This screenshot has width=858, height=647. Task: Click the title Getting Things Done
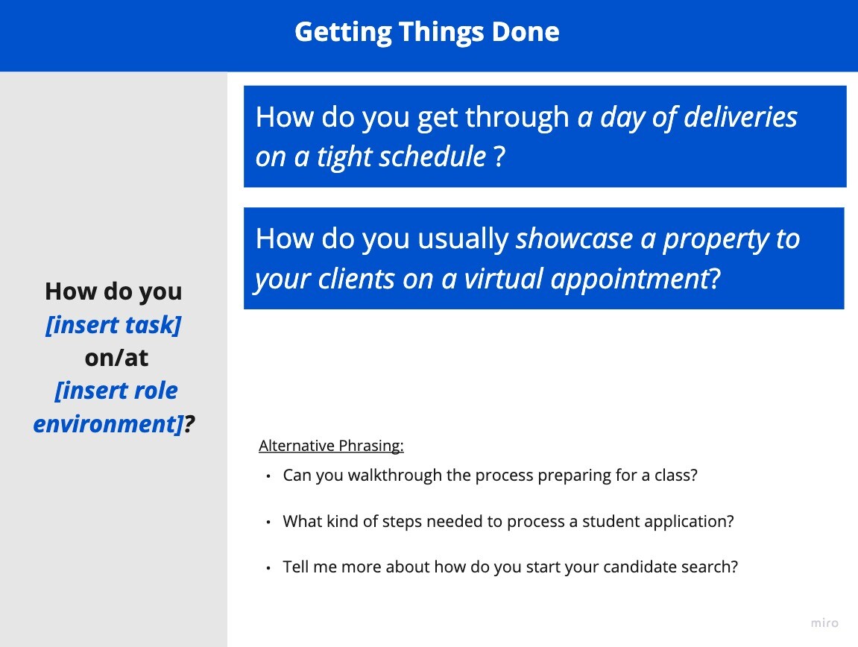pos(427,32)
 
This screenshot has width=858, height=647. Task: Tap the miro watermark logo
pos(824,623)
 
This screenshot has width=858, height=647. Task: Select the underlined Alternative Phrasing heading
pos(331,446)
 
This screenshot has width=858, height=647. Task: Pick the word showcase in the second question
pos(574,239)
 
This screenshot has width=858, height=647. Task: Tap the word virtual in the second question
pos(503,279)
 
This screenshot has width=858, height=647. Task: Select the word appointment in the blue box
pos(629,280)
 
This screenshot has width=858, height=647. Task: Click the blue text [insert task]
pos(113,325)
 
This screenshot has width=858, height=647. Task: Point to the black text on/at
pos(116,358)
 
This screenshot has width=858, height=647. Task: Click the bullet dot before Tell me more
pos(268,568)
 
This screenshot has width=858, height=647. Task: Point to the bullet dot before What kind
pos(268,523)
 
